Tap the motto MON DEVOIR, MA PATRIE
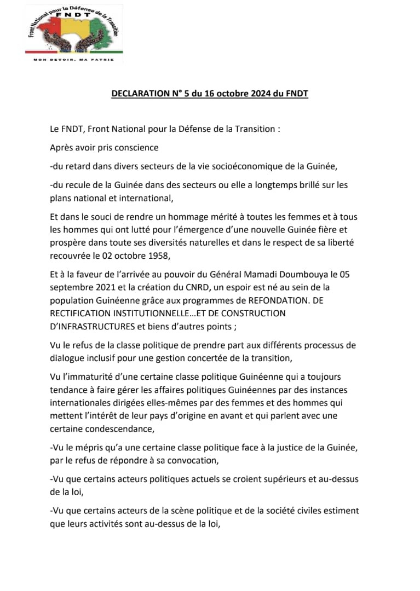tap(74, 60)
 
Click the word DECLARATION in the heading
tap(139, 94)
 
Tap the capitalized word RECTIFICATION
tap(80, 314)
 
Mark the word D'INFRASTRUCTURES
tap(90, 326)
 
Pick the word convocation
tap(209, 460)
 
